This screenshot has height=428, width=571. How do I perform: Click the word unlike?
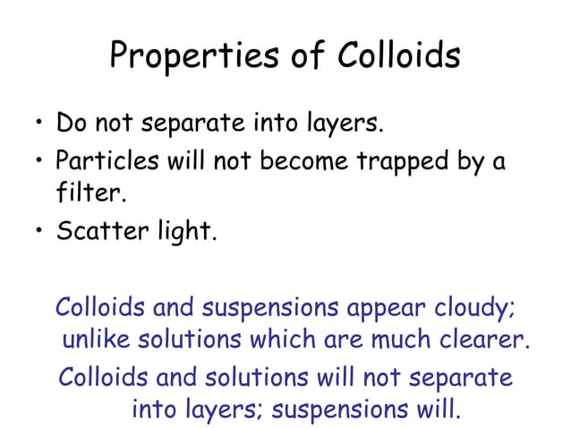click(98, 341)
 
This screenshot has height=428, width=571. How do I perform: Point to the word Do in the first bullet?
click(69, 121)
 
